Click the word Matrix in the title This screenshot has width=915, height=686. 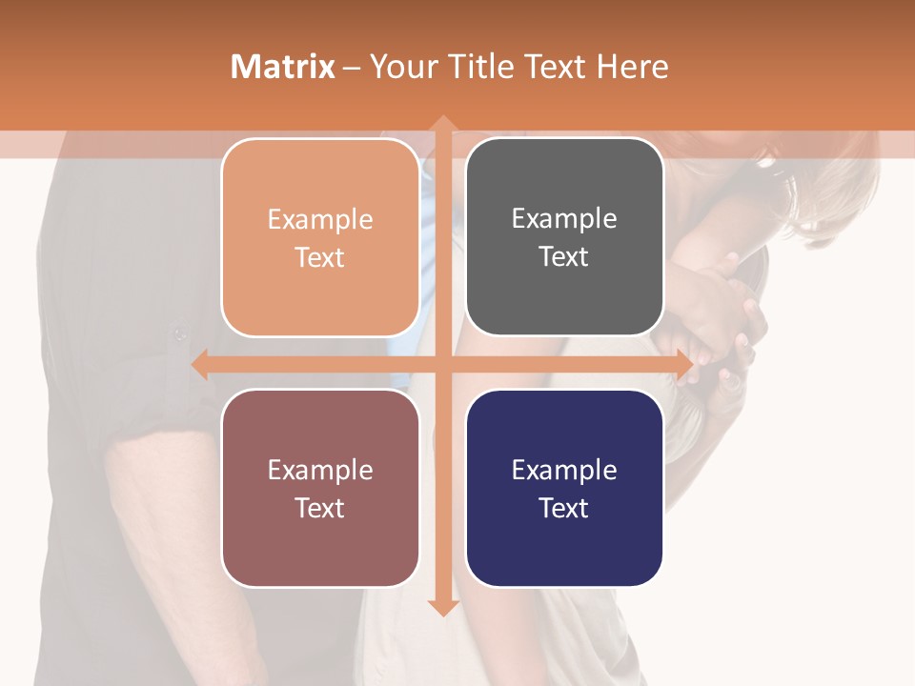click(282, 67)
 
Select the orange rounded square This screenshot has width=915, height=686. click(320, 238)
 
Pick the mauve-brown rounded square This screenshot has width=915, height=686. click(320, 488)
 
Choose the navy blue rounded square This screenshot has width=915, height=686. click(564, 488)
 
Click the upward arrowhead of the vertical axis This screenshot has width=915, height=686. click(442, 125)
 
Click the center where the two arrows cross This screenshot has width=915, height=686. click(442, 365)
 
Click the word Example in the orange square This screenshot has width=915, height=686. click(320, 220)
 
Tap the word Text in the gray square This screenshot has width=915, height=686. click(564, 257)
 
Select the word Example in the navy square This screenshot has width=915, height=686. click(564, 470)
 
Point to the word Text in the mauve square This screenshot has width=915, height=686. click(320, 508)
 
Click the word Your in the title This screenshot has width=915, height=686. click(401, 67)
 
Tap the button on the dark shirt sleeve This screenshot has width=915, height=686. click(178, 333)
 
